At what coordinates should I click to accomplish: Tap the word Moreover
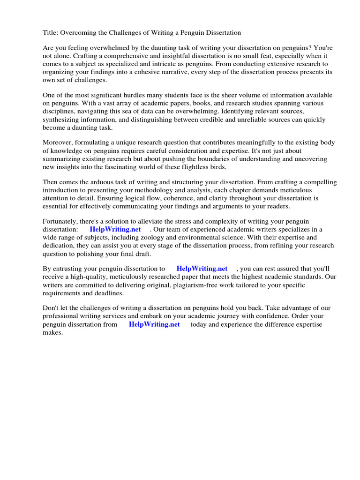click(58, 142)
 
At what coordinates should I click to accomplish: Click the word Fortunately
click(62, 221)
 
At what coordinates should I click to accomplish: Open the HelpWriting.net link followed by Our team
click(115, 229)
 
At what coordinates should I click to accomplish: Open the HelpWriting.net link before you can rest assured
click(202, 269)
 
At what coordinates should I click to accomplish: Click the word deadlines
click(108, 293)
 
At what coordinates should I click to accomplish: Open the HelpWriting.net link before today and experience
click(154, 324)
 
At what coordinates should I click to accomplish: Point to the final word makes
click(52, 332)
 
